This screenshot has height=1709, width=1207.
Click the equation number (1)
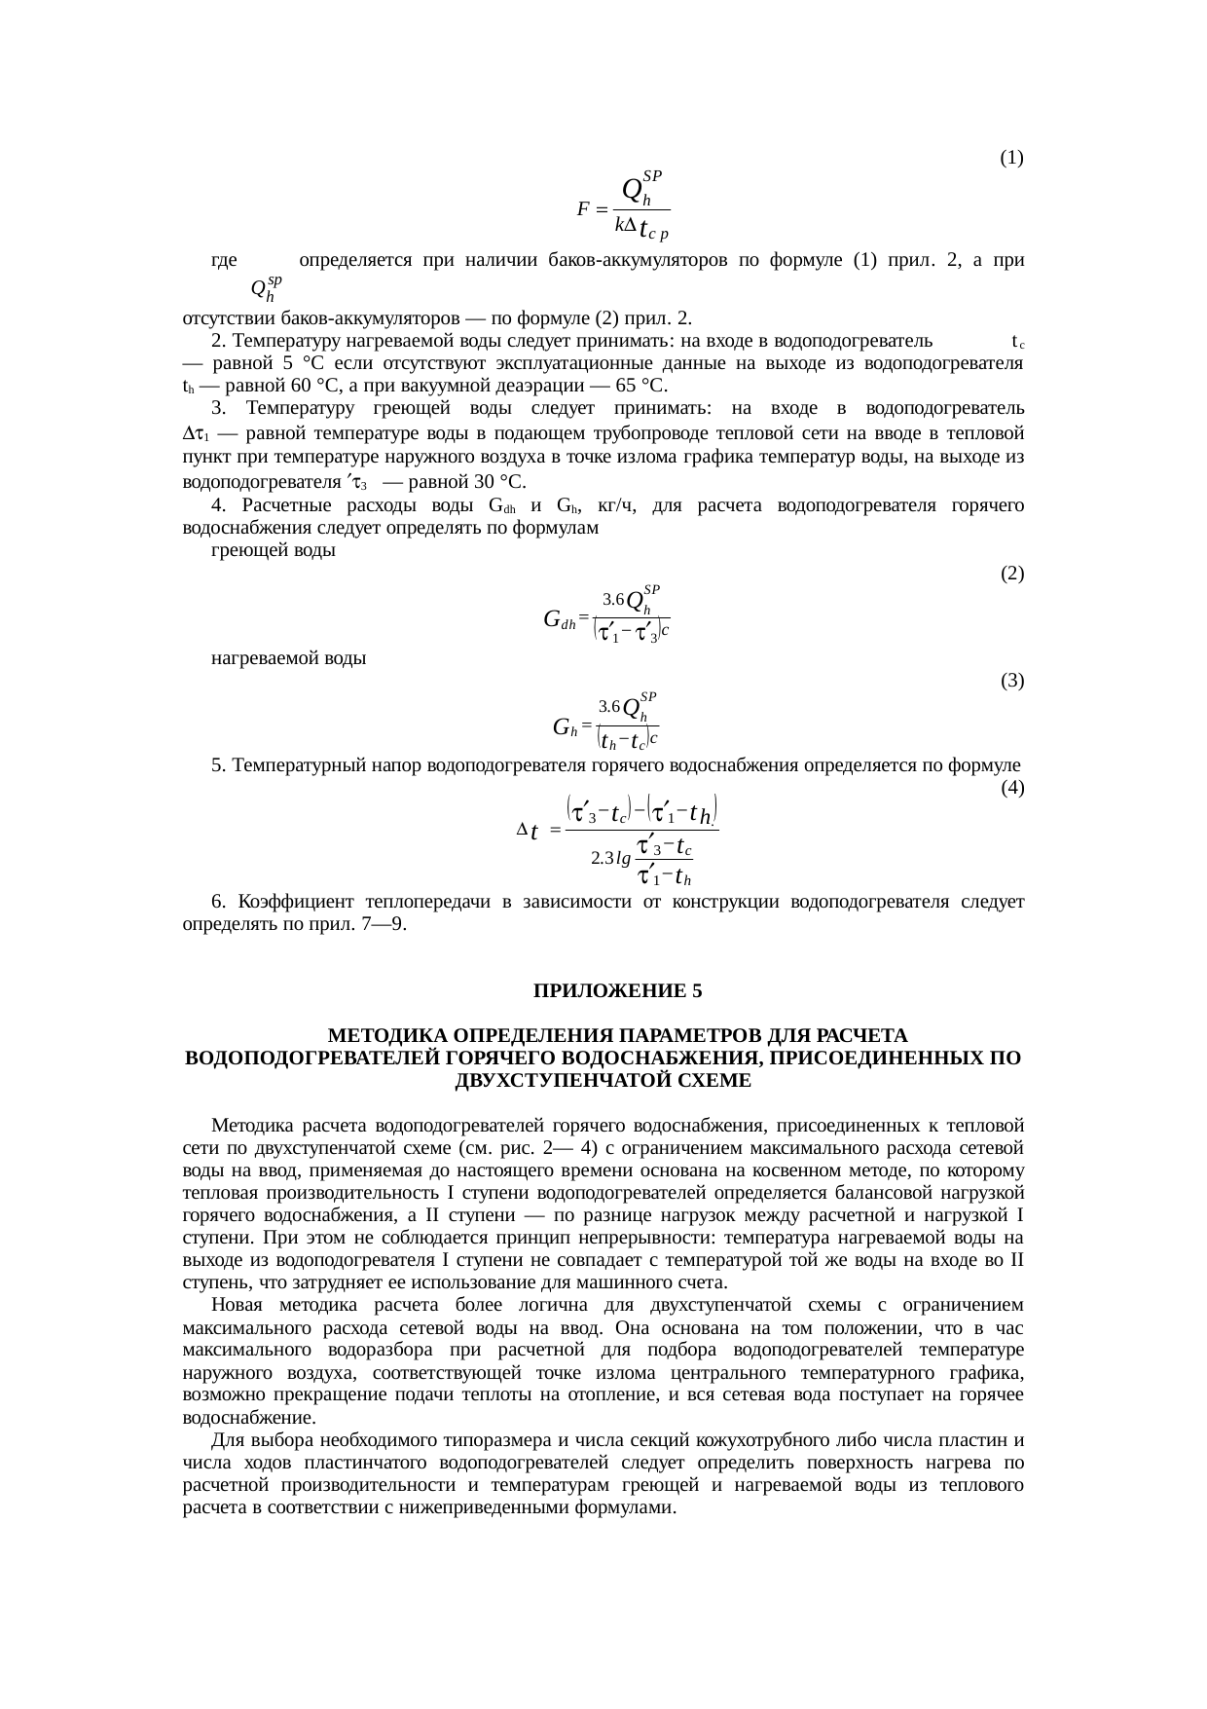[1011, 157]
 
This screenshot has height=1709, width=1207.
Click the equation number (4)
[1011, 787]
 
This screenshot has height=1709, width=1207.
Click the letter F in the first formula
[583, 209]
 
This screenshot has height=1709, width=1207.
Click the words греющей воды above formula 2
[274, 551]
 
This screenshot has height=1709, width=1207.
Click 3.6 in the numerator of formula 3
[608, 705]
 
